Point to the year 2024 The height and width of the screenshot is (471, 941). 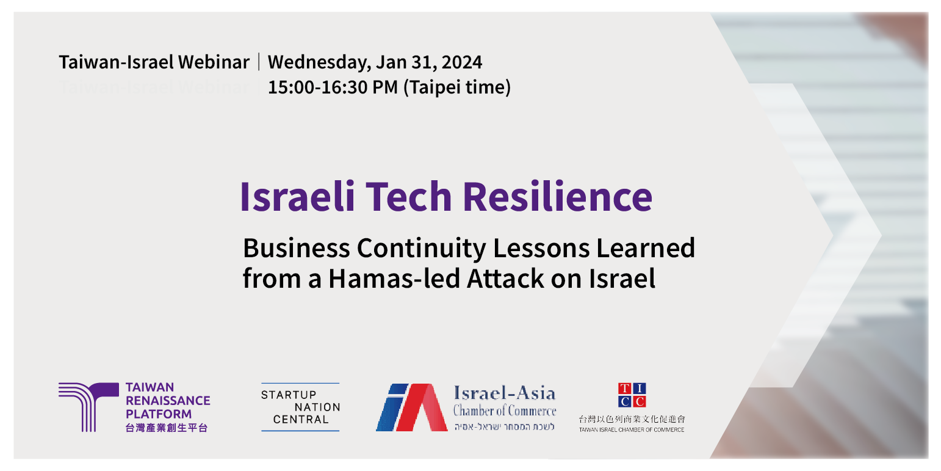[x=462, y=62]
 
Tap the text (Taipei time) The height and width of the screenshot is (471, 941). [x=456, y=88]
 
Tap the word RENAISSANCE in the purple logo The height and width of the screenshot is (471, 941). [x=167, y=401]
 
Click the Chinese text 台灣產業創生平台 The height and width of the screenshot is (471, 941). [x=166, y=428]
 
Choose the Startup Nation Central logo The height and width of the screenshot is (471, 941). [x=300, y=407]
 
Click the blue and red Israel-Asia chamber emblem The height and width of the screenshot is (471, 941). [x=411, y=407]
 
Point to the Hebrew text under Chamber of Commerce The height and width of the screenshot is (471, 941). [x=504, y=426]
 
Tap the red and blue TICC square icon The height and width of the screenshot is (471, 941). [x=632, y=395]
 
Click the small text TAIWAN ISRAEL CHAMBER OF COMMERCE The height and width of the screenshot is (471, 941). [x=632, y=430]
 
